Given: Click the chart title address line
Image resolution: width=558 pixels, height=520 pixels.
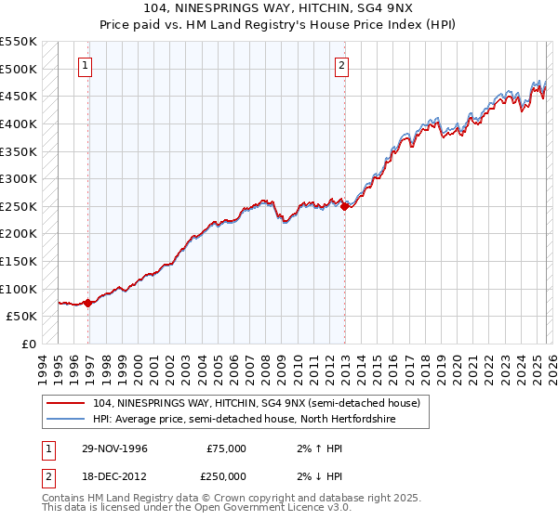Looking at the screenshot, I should (279, 8).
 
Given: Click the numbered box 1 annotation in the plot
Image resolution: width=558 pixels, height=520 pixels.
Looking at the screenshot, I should (85, 65).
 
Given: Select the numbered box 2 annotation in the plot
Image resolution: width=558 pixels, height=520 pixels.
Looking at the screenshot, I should (341, 65).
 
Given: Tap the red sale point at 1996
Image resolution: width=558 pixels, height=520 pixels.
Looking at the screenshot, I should (88, 302).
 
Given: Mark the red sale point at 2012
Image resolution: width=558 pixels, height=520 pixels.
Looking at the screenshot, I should (345, 207).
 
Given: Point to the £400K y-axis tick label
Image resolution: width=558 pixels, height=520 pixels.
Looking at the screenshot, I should (19, 123).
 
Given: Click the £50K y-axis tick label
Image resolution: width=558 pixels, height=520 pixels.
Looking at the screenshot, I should (22, 317).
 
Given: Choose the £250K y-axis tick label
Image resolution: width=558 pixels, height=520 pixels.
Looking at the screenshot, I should (19, 206).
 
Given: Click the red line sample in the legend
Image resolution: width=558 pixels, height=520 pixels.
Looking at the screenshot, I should (66, 403).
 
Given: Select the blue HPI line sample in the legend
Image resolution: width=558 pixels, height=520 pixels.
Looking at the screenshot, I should (66, 419).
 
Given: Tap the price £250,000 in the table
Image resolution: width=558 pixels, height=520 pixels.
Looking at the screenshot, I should (226, 475).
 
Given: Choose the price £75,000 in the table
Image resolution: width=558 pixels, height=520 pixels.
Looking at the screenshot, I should (226, 448).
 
